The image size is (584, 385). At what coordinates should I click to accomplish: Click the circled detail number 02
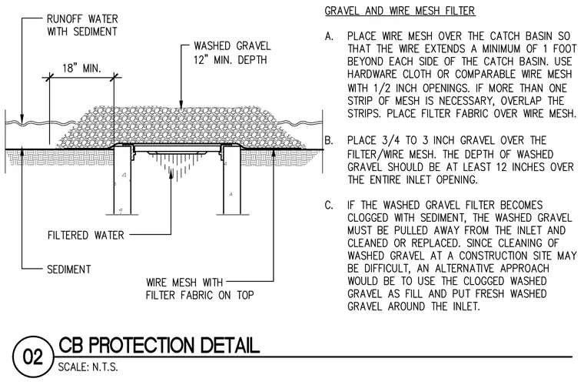tap(33, 357)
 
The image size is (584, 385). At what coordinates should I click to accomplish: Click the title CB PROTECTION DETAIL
tap(159, 345)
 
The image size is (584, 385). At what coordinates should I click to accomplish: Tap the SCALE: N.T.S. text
tap(88, 367)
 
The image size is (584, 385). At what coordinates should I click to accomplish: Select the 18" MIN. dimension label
tap(81, 69)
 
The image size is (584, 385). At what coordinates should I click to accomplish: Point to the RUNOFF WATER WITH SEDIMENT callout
tap(82, 25)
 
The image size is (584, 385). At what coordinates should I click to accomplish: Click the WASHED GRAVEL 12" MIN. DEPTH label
tap(231, 52)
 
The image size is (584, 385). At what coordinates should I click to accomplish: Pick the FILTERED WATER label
tap(85, 236)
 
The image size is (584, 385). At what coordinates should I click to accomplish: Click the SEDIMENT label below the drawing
tap(69, 269)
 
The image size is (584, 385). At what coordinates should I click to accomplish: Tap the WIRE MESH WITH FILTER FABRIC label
tap(200, 289)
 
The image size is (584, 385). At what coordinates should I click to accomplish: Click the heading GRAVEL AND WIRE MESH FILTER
tap(400, 11)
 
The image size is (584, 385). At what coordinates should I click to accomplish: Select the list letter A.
tap(329, 36)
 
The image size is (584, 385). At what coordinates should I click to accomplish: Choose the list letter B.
tap(329, 141)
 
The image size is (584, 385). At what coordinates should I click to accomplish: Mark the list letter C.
tap(329, 205)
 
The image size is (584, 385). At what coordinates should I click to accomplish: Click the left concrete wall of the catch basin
tap(122, 179)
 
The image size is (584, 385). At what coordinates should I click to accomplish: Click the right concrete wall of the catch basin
tap(231, 179)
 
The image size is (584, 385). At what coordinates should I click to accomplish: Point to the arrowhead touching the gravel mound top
tap(181, 105)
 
